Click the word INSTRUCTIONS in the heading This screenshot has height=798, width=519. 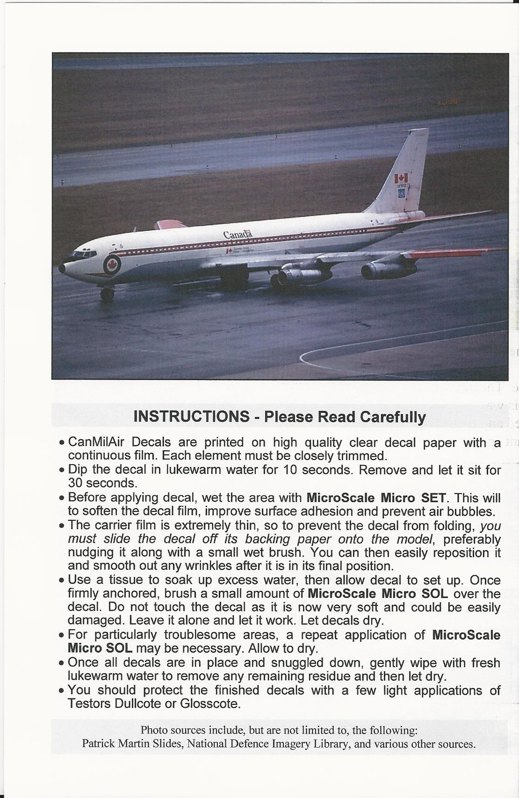pos(191,416)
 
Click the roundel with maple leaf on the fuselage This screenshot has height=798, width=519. pos(112,264)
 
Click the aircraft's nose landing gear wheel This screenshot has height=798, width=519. pos(107,294)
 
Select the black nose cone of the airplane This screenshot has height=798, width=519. pos(63,268)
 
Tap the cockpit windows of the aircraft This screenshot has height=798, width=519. pos(79,256)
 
